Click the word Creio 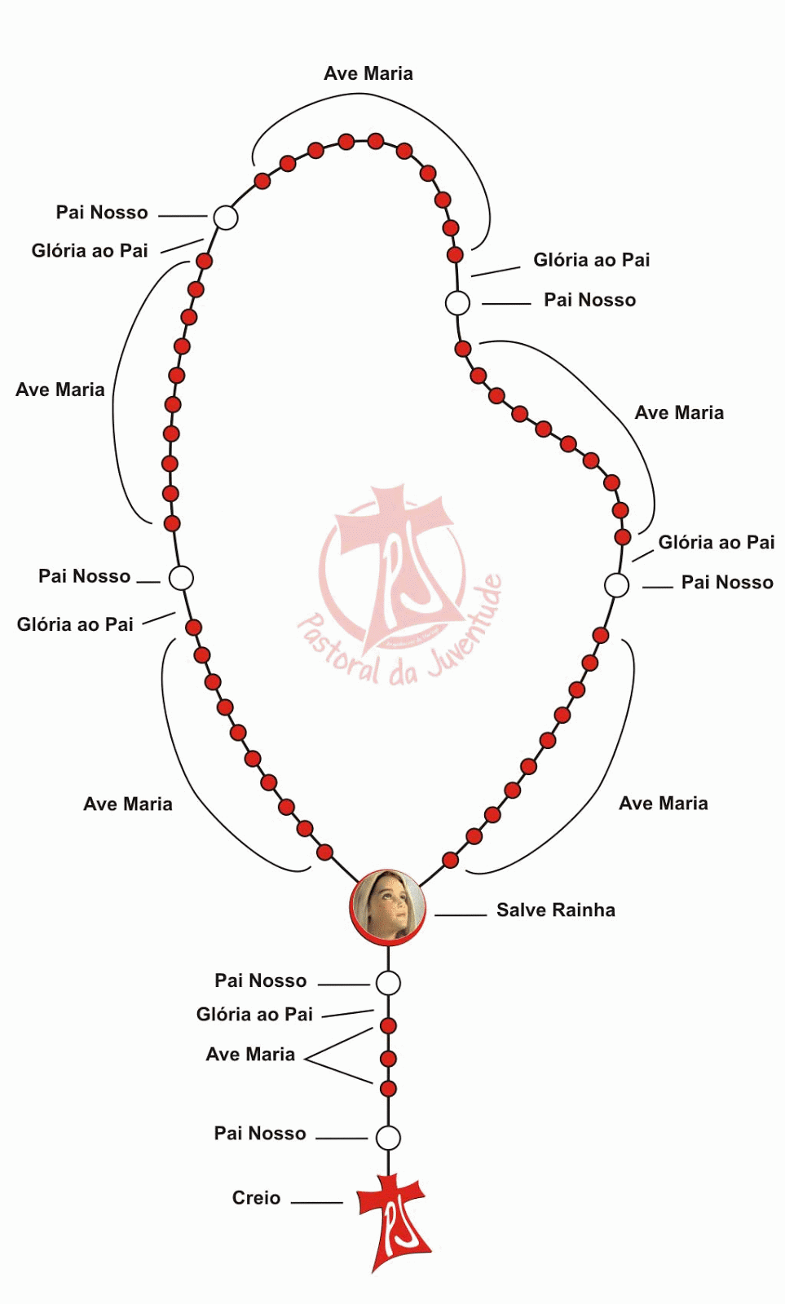pyautogui.click(x=256, y=1198)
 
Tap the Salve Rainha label pyautogui.click(x=555, y=910)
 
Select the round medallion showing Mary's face pyautogui.click(x=388, y=907)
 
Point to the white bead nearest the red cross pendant pyautogui.click(x=388, y=1137)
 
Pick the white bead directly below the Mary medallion pyautogui.click(x=388, y=983)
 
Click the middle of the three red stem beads pyautogui.click(x=388, y=1059)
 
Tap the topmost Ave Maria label pyautogui.click(x=368, y=73)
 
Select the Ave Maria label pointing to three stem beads pyautogui.click(x=250, y=1055)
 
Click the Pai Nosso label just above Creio pyautogui.click(x=260, y=1134)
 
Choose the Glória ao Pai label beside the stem pyautogui.click(x=254, y=1015)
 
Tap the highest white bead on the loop pyautogui.click(x=226, y=218)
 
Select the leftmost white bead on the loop pyautogui.click(x=181, y=578)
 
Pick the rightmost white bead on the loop pyautogui.click(x=617, y=585)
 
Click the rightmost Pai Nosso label pyautogui.click(x=727, y=583)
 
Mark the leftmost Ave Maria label pyautogui.click(x=60, y=390)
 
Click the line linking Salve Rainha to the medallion pyautogui.click(x=461, y=915)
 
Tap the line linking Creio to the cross pyautogui.click(x=317, y=1202)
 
